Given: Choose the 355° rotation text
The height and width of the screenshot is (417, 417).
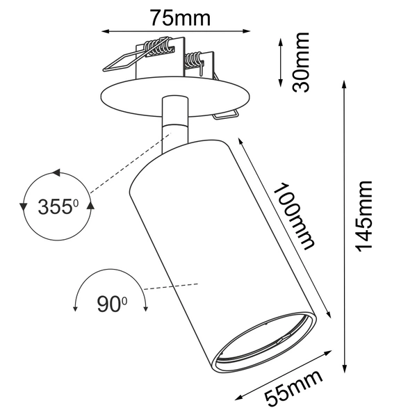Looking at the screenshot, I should tap(58, 206).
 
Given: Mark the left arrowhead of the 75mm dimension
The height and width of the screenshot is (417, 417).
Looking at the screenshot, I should tap(106, 31).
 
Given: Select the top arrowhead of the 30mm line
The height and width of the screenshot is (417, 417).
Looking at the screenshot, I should tap(280, 41).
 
